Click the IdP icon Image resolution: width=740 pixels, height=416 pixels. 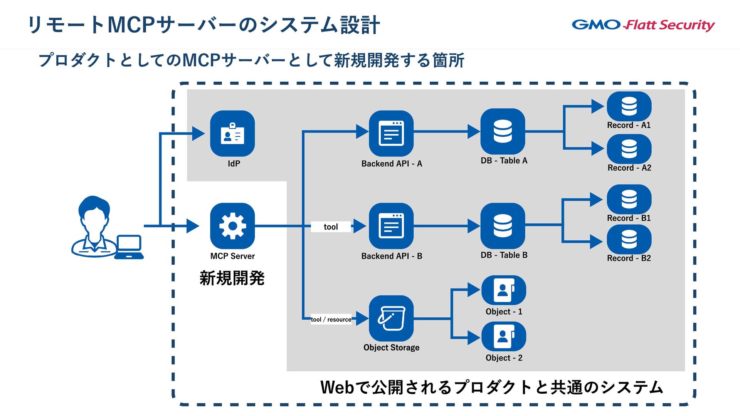pos(232,133)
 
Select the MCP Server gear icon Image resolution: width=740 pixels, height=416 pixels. pos(232,226)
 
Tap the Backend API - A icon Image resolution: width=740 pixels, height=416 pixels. pos(391,133)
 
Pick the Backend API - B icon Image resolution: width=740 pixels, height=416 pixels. pos(391,226)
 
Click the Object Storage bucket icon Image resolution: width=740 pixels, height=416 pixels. pos(391,318)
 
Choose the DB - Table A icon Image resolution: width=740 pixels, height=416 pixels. pos(503,131)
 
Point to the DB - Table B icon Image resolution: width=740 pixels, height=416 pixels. pos(503,226)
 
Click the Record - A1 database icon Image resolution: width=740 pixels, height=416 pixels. pos(629,106)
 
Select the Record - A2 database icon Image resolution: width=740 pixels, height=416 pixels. pos(629,149)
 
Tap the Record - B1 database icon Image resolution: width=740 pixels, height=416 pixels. pos(629,199)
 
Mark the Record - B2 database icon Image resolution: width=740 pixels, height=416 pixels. pos(629,239)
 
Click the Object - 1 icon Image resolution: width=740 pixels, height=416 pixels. pos(504,290)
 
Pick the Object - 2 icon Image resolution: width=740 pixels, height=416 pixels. pos(504,336)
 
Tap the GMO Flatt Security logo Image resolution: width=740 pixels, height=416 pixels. pos(643,25)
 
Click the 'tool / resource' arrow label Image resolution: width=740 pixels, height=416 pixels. pos(331,319)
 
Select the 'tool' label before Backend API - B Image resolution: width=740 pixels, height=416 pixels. pos(331,227)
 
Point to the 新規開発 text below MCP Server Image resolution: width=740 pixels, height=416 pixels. pos(232,278)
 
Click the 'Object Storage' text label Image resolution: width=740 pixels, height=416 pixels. pos(391,347)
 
